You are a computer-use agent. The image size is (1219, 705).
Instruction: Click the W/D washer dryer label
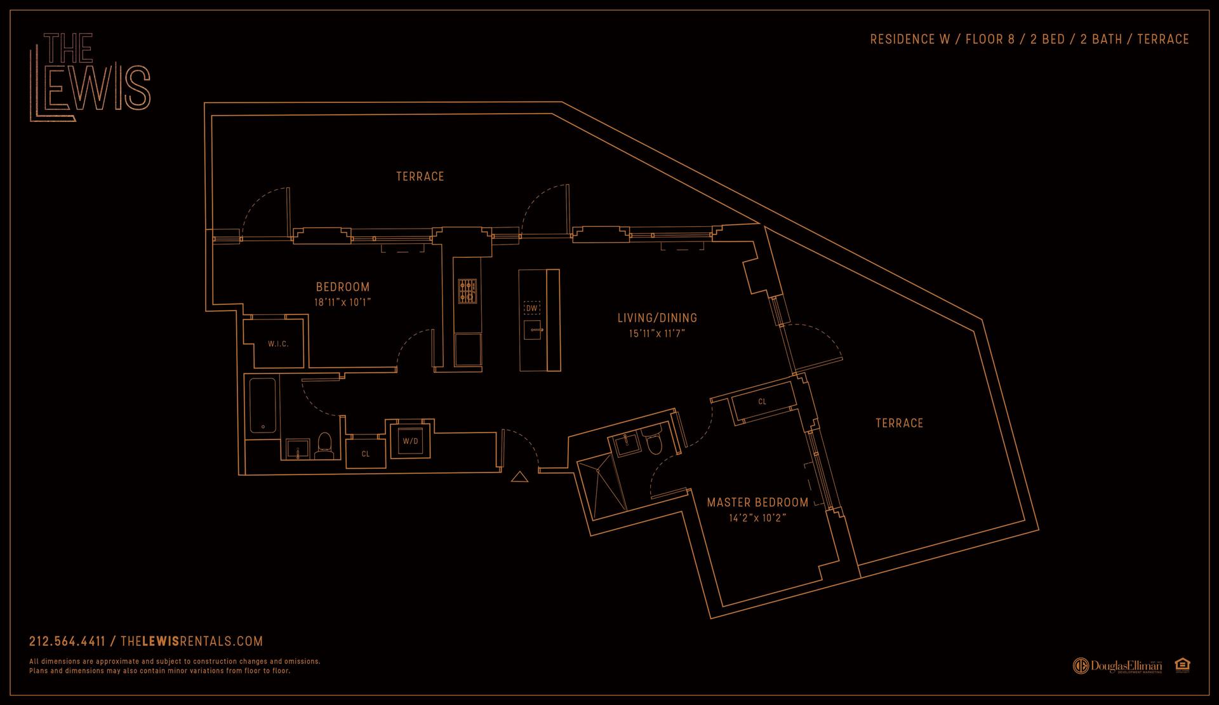click(410, 441)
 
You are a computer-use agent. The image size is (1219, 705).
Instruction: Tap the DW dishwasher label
click(531, 309)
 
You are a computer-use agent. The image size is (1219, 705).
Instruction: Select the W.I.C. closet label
click(278, 344)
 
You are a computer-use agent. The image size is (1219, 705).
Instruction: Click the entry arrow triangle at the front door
click(519, 477)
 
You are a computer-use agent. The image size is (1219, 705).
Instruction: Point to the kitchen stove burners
click(467, 290)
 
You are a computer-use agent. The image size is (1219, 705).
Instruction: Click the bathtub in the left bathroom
click(262, 405)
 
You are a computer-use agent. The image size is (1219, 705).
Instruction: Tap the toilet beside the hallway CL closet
click(324, 446)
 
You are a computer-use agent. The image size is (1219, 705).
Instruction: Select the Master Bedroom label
click(757, 502)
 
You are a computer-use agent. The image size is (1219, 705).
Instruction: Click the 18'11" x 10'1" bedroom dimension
click(342, 303)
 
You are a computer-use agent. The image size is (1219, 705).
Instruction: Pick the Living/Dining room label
click(657, 318)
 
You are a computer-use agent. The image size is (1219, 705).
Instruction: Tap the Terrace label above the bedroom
click(420, 177)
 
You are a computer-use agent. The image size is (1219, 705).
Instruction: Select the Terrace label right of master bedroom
click(899, 423)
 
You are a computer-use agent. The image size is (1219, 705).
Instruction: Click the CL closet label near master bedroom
click(762, 402)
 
